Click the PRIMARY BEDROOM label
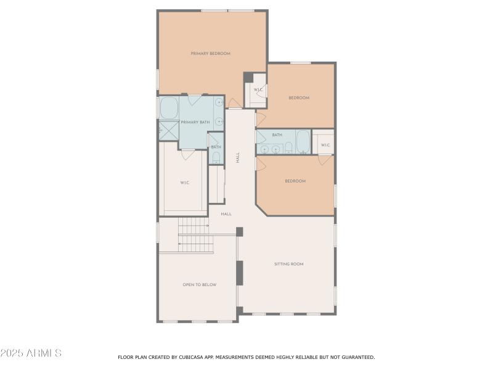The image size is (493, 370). [x=210, y=54]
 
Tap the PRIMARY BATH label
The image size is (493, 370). [x=195, y=122]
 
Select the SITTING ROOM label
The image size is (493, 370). [x=288, y=264]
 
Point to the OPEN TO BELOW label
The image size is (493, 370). [x=199, y=285]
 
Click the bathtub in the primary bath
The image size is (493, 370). [x=168, y=109]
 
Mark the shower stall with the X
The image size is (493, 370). [x=168, y=130]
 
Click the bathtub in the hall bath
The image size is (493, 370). [x=303, y=142]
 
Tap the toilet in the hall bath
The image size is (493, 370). [x=288, y=147]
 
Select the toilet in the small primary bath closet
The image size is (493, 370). [x=215, y=158]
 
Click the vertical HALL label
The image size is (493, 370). [x=238, y=157]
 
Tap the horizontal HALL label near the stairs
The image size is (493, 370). [x=226, y=214]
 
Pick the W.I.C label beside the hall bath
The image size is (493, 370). [x=325, y=146]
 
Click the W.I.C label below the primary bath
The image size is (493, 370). [x=184, y=183]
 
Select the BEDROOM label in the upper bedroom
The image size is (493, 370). [x=299, y=98]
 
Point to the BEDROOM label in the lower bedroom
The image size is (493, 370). [x=295, y=181]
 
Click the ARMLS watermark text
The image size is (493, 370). [x=31, y=353]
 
